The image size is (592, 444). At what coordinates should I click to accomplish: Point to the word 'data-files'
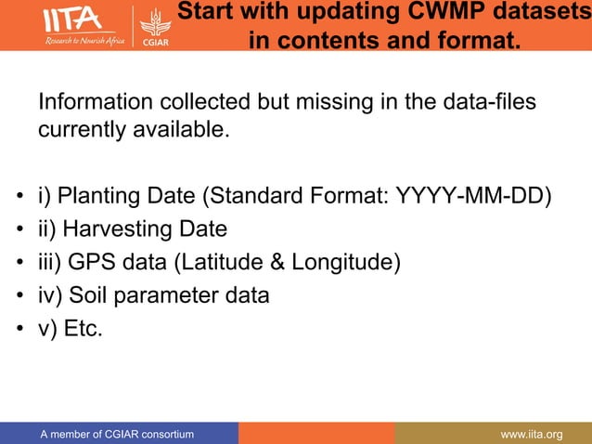coord(489,101)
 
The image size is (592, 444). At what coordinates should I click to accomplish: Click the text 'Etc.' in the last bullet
coord(84,330)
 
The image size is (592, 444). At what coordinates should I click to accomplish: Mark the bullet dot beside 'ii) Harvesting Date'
coord(19,230)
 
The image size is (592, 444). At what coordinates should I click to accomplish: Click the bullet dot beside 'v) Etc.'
coord(19,331)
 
